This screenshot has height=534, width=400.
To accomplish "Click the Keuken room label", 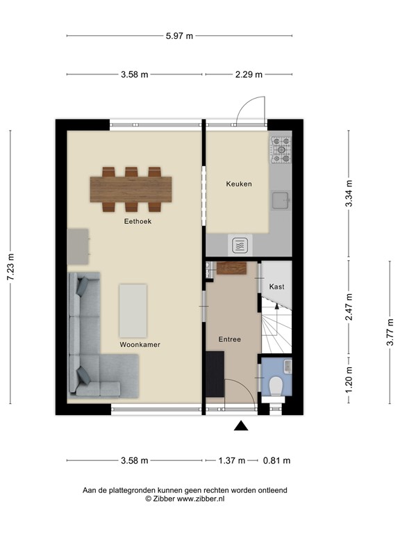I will coord(238,184).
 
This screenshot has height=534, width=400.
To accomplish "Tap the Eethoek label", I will coord(137,221).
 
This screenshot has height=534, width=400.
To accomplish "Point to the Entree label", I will coord(229,339).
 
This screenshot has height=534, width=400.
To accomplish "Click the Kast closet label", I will coord(276,286).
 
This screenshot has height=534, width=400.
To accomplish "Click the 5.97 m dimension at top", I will coord(179,36).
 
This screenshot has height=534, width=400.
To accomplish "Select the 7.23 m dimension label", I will coord(10,267).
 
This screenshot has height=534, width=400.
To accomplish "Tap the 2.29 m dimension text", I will coord(248,74).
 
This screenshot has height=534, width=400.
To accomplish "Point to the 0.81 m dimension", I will coord(276,460).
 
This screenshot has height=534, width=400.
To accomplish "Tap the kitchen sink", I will coord(282,200).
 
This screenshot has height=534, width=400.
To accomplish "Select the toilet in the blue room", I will coord(276,385).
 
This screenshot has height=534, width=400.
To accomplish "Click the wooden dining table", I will coord(131,188).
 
